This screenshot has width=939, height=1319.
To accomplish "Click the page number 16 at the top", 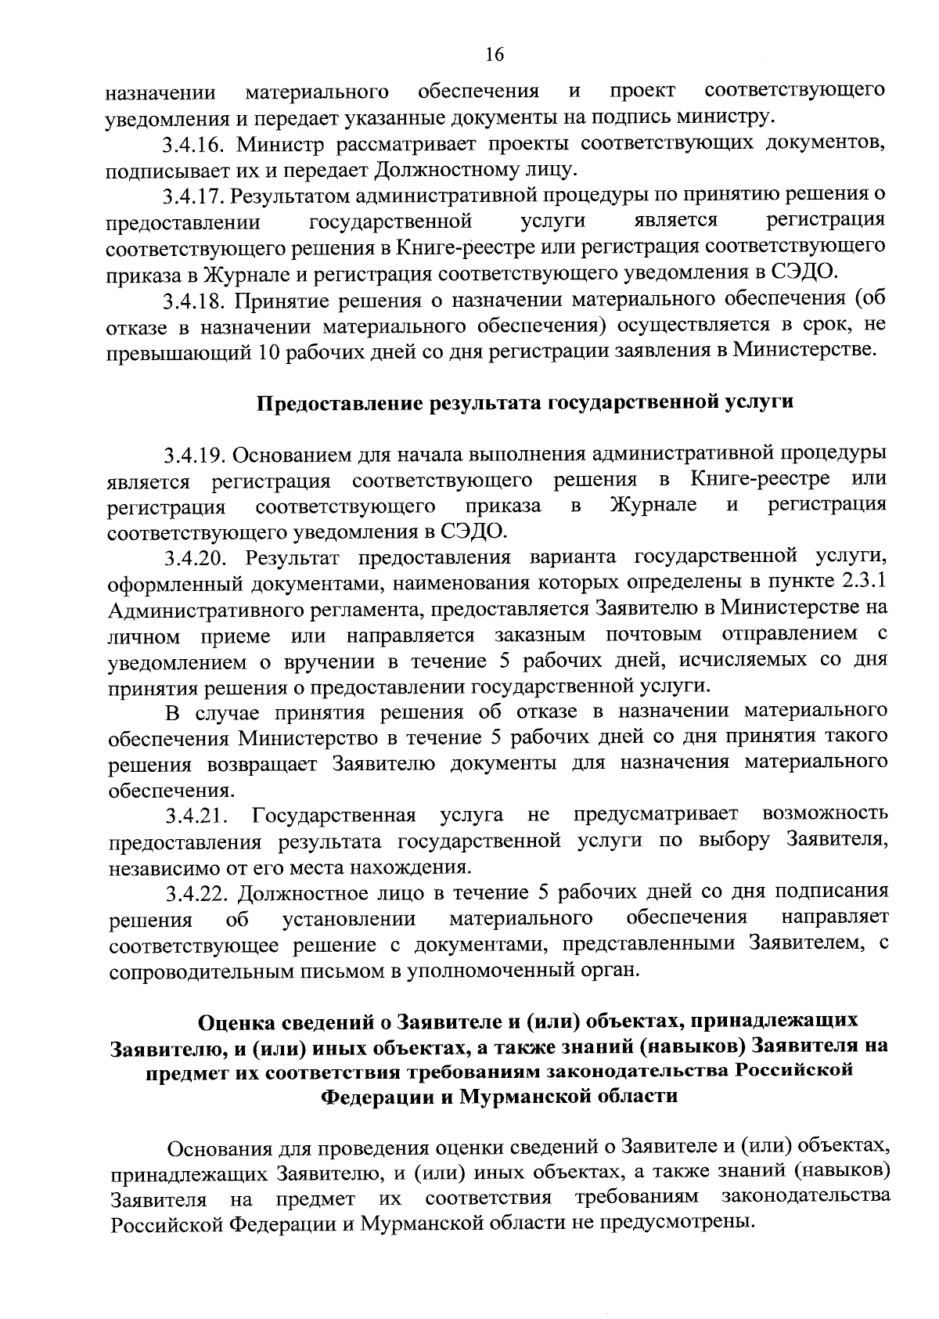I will click(x=495, y=54).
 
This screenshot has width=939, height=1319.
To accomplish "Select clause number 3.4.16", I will click(x=195, y=144).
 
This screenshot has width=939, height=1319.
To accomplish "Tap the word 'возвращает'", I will click(x=267, y=764).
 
